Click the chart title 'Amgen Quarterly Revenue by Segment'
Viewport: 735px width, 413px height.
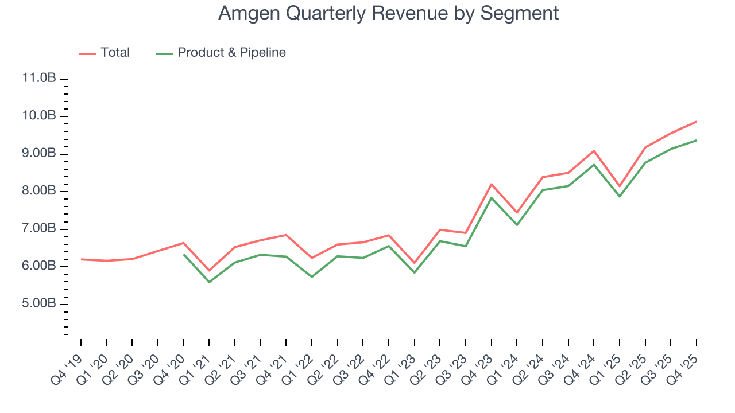click(388, 13)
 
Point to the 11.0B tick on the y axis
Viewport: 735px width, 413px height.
click(39, 79)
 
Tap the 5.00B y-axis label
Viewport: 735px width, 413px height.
click(39, 304)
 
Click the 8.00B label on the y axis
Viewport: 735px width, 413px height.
click(39, 191)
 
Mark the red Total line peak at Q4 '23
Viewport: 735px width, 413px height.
click(492, 184)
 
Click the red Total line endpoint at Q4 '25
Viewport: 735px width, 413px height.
click(697, 122)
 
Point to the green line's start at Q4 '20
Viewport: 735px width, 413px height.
click(184, 254)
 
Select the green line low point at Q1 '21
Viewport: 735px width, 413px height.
click(209, 282)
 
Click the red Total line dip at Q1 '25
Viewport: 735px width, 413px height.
click(620, 186)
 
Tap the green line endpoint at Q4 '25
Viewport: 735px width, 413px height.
click(697, 140)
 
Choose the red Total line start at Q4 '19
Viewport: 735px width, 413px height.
click(81, 259)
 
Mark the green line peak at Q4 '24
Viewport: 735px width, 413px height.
click(594, 165)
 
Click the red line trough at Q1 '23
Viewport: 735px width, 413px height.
click(415, 263)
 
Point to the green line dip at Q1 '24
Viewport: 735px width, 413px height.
click(517, 224)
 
